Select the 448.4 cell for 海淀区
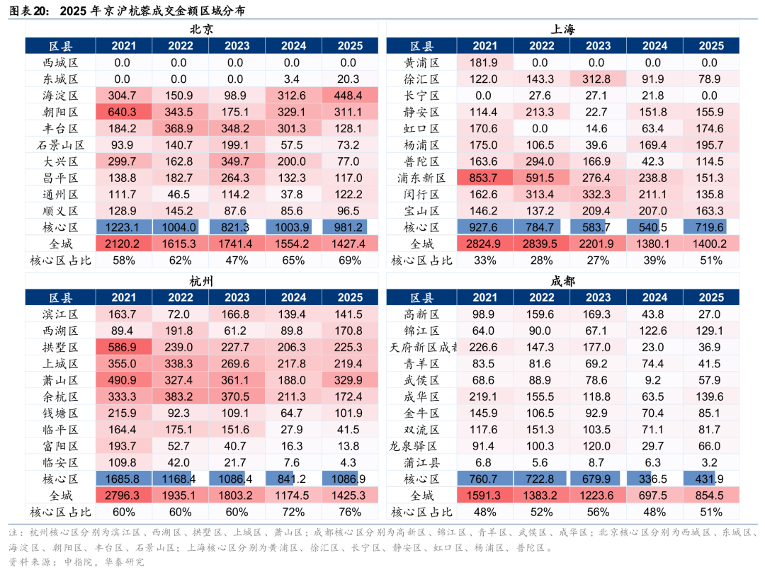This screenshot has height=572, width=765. point(350,96)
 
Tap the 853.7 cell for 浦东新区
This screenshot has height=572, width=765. point(484,178)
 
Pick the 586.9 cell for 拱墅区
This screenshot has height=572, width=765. point(123,347)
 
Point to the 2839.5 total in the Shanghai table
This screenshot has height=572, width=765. point(541,244)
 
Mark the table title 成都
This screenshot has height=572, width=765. point(563,281)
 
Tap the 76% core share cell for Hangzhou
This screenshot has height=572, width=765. point(350,512)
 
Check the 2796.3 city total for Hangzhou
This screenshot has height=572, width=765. point(123,496)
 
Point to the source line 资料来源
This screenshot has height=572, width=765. point(28,562)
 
